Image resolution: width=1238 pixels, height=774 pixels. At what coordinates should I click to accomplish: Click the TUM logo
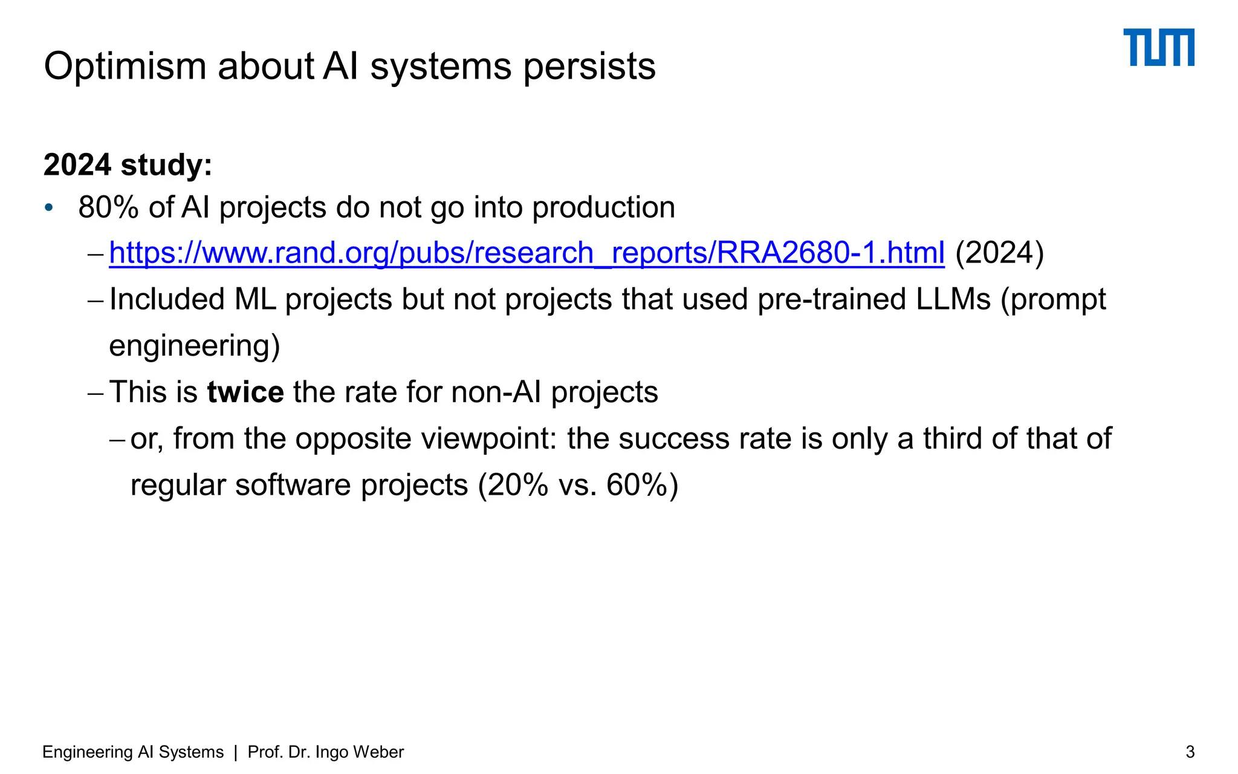tap(1158, 47)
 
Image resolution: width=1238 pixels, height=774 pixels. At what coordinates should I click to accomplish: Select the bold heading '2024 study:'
tap(128, 165)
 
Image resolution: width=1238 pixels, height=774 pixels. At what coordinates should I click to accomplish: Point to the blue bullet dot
tap(49, 208)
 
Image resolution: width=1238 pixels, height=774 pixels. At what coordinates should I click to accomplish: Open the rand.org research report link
tap(526, 253)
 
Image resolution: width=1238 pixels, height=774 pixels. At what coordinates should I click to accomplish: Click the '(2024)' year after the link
tap(999, 253)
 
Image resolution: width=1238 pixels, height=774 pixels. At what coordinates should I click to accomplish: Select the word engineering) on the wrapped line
tap(194, 346)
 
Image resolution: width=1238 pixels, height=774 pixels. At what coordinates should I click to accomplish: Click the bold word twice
tap(245, 392)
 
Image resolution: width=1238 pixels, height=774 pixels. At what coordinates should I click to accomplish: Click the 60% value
tap(637, 485)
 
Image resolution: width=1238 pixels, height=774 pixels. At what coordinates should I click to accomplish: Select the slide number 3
tap(1190, 752)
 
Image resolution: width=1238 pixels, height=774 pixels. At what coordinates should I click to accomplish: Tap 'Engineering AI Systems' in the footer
tap(133, 752)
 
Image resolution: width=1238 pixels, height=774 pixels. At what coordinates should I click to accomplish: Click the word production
tap(603, 207)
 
